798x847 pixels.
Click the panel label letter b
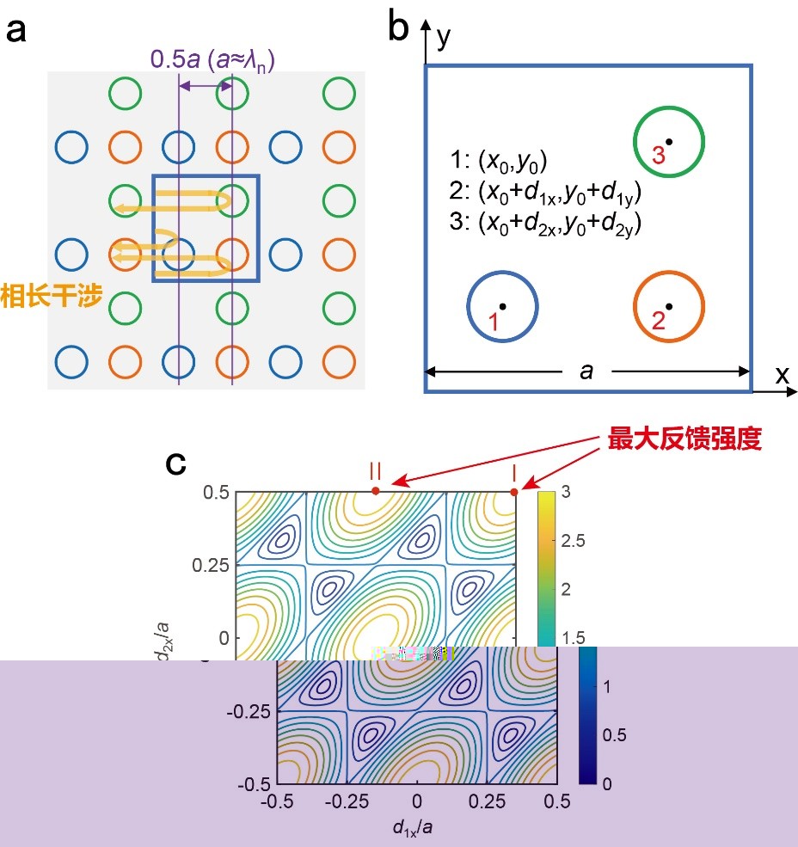[x=398, y=29]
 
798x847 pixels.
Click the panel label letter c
[x=175, y=464]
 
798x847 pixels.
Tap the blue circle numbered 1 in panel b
[x=502, y=307]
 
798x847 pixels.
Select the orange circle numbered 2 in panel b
[x=669, y=307]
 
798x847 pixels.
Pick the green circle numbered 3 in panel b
[x=669, y=142]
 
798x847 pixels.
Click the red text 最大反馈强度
[x=684, y=440]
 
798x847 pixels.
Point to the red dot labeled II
[x=375, y=491]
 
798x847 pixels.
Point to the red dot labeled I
[x=514, y=492]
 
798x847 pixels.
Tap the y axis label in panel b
[x=444, y=39]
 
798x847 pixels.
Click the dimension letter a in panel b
[x=587, y=371]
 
